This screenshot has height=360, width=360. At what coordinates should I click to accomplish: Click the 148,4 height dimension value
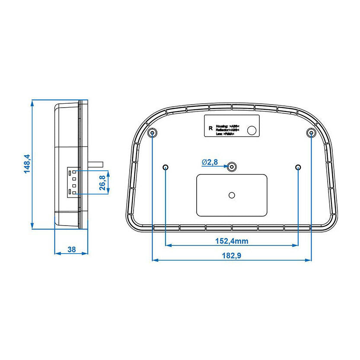27,164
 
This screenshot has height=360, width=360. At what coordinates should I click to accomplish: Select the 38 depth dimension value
72,249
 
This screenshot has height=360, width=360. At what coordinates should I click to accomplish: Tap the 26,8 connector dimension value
102,182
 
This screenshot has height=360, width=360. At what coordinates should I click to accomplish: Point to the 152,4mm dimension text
232,241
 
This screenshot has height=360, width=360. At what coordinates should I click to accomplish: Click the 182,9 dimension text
232,255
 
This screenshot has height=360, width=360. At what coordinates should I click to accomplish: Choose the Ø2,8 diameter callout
210,162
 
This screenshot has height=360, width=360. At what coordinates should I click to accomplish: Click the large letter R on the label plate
210,128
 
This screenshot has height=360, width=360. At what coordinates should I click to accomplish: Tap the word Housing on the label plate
222,125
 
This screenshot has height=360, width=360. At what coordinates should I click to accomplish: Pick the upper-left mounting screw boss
152,133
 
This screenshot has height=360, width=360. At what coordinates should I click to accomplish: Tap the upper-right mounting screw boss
311,133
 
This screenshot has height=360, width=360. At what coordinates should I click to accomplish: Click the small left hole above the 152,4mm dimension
166,167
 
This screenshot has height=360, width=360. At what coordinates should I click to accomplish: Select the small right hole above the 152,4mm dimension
298,167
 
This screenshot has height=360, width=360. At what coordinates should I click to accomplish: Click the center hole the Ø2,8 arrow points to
233,167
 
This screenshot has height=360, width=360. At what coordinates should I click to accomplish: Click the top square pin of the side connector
75,172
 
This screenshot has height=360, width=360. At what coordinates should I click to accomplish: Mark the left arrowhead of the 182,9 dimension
155,260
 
